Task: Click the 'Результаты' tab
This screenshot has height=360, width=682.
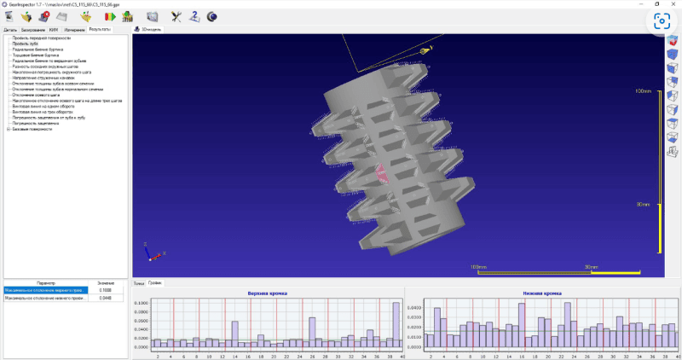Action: [x=100, y=29]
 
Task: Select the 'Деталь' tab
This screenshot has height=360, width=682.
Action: [x=10, y=29]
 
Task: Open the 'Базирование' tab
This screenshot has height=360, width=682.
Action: [x=32, y=29]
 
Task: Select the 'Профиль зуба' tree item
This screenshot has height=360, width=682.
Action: [x=25, y=44]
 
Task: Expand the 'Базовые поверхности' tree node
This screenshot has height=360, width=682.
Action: [x=8, y=129]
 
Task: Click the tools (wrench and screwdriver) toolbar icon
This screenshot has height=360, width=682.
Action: [x=176, y=15]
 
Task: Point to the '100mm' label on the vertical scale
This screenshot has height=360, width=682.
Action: [x=643, y=91]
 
